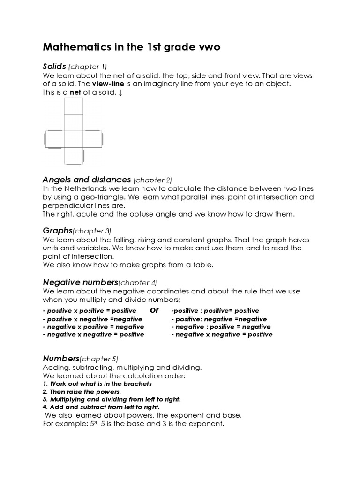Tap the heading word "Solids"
[x=54, y=67]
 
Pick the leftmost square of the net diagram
[x=54, y=139]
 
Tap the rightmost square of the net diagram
[x=93, y=139]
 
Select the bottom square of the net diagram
[x=74, y=156]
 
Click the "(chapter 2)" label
[x=153, y=180]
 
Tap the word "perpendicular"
[x=65, y=205]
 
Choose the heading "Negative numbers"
[x=80, y=282]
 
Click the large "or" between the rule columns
[x=155, y=310]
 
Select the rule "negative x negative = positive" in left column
[x=93, y=335]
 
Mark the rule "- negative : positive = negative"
[x=221, y=327]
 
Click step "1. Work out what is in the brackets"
[x=97, y=383]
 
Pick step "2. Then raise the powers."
[x=82, y=391]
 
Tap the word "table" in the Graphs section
[x=202, y=265]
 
